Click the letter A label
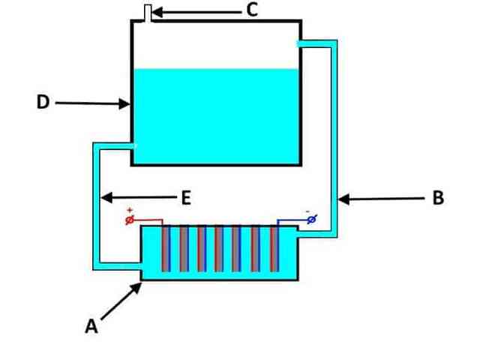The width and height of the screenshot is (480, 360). (x=91, y=326)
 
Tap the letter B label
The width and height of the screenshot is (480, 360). (x=438, y=197)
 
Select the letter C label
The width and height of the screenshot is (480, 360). (x=252, y=10)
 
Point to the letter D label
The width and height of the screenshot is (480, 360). (x=43, y=102)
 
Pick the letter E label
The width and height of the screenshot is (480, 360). (x=186, y=197)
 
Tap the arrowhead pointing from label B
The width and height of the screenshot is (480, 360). (x=343, y=199)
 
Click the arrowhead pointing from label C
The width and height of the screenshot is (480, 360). (x=157, y=13)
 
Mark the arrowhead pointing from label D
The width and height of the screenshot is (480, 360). (x=124, y=103)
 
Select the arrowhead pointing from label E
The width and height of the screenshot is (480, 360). (x=106, y=197)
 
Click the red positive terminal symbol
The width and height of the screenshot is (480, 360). (x=130, y=220)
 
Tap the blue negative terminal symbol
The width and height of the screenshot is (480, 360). (x=312, y=219)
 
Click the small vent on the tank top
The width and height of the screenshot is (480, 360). (x=148, y=13)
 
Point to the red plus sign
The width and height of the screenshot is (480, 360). (x=130, y=210)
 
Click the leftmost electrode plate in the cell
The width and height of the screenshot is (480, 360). (x=166, y=248)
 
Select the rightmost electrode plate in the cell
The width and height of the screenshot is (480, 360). (x=274, y=248)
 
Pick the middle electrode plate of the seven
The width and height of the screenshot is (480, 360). (x=219, y=248)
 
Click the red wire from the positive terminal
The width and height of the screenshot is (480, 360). (x=148, y=220)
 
